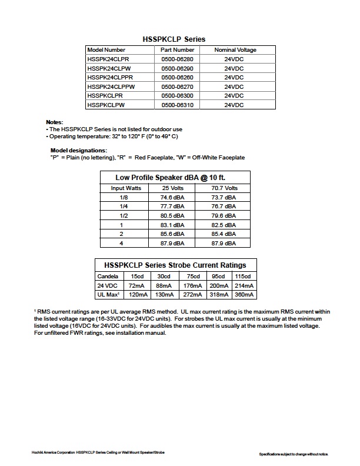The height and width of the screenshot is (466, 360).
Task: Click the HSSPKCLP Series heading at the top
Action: (x=174, y=39)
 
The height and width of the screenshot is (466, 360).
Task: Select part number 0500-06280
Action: (x=177, y=59)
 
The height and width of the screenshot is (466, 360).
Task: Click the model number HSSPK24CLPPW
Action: (x=111, y=86)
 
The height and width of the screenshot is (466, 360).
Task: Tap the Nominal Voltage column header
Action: (x=235, y=50)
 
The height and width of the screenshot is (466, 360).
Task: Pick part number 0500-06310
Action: (x=177, y=105)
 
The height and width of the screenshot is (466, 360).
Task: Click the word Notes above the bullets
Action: (x=54, y=122)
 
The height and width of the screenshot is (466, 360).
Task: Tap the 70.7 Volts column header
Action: (x=224, y=188)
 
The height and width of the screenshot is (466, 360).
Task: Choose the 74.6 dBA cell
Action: (x=173, y=197)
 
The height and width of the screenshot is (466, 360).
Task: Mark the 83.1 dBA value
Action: (x=173, y=225)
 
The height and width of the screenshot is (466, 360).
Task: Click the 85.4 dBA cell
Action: (x=224, y=234)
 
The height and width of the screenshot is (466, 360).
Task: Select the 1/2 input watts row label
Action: (x=124, y=215)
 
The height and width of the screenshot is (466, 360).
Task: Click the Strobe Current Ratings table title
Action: (x=175, y=265)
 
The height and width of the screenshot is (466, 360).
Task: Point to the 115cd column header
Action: (x=243, y=277)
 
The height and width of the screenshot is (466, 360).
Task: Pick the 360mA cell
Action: (x=243, y=294)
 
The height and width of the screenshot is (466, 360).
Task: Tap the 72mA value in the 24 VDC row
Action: (x=137, y=285)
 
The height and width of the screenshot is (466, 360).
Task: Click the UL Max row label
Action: (x=109, y=294)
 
